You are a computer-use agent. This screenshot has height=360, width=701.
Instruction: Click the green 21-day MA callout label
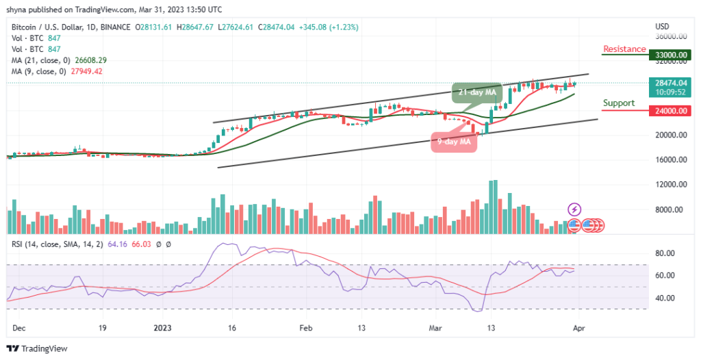point(476,92)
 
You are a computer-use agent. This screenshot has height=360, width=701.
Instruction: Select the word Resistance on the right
point(624,49)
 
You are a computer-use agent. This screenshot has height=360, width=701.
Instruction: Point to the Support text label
point(618,103)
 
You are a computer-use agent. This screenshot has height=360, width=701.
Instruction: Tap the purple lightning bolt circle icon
point(574,209)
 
